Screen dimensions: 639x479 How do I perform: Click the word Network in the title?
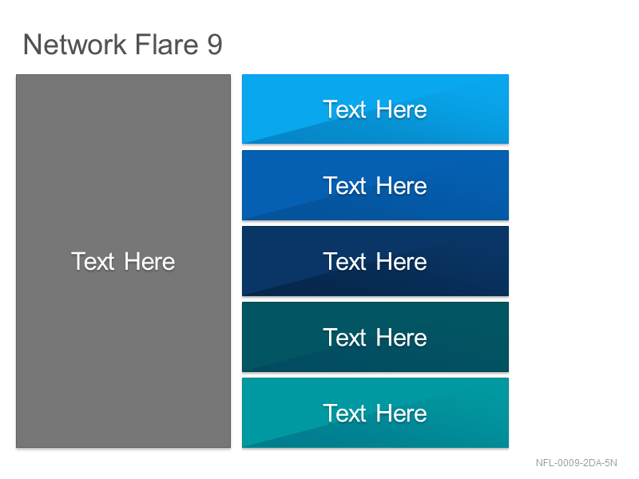(x=75, y=44)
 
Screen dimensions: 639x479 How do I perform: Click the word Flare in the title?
(x=166, y=44)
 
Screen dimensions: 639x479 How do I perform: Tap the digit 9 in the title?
(x=215, y=45)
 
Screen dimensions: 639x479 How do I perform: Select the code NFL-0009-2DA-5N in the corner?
(x=576, y=463)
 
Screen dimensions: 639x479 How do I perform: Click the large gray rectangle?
(x=124, y=261)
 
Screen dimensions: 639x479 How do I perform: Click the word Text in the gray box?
(x=93, y=261)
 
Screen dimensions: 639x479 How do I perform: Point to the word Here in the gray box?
(x=149, y=261)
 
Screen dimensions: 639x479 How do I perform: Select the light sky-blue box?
(x=375, y=109)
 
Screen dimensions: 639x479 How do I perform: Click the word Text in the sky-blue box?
(x=345, y=109)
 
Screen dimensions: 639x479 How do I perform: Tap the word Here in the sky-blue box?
(x=402, y=109)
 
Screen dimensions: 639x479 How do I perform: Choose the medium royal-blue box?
(x=375, y=185)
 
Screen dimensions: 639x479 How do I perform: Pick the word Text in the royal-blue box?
(x=345, y=186)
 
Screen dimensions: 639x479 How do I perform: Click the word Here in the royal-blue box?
(x=402, y=186)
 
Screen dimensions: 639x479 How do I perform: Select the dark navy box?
(x=375, y=261)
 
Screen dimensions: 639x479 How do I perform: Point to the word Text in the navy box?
(x=345, y=262)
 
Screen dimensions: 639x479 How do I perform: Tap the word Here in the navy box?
(x=402, y=262)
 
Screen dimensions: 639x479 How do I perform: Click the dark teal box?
(x=375, y=337)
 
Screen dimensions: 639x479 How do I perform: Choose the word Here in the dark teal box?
(x=402, y=338)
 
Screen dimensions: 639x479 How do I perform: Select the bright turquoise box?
(x=375, y=413)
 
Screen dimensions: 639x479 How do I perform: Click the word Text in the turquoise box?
(x=345, y=414)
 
